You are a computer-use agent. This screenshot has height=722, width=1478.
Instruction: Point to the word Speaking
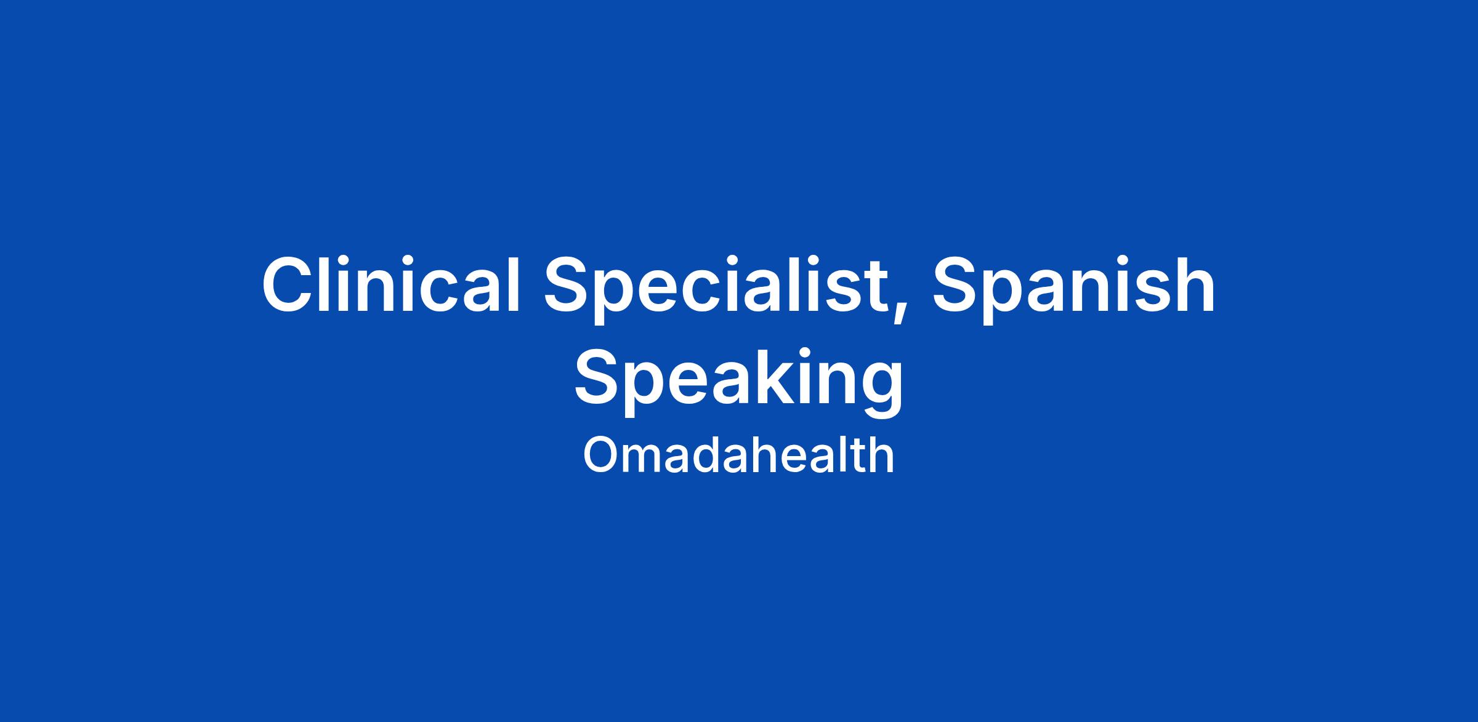click(739, 382)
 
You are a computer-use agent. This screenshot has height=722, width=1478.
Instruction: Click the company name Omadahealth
click(738, 455)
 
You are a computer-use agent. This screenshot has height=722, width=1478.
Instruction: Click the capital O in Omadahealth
click(600, 455)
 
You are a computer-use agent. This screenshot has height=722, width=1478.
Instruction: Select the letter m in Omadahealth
click(645, 460)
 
